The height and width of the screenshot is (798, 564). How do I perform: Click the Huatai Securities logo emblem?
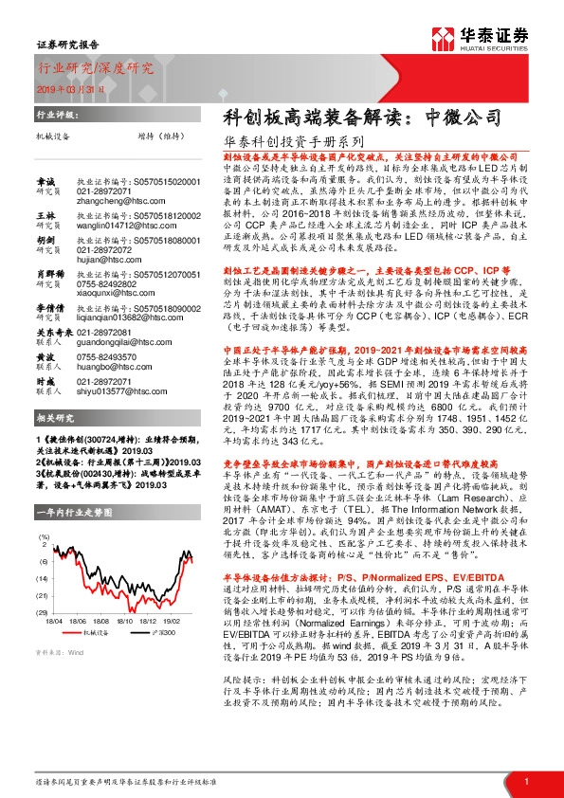click(x=446, y=38)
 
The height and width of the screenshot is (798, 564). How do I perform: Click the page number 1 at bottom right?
click(x=525, y=780)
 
